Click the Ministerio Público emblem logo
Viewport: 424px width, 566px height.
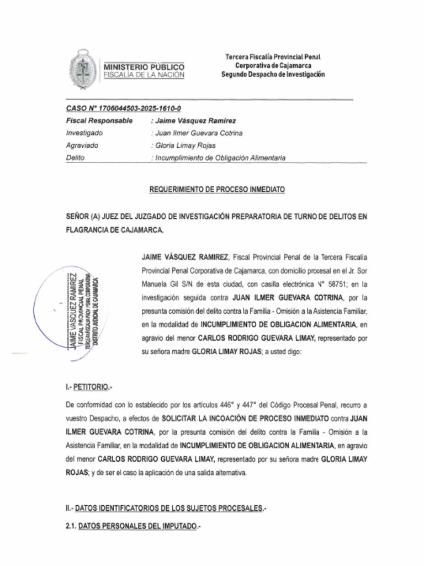coord(82,70)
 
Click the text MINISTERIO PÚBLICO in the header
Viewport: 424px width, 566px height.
coord(144,67)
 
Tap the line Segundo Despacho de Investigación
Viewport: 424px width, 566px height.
coord(273,75)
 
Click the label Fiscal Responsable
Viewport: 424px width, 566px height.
coord(99,120)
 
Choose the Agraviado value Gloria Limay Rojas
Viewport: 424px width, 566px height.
coord(184,145)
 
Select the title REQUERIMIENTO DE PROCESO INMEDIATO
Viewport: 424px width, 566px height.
coord(217,189)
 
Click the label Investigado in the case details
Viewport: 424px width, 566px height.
coord(84,133)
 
